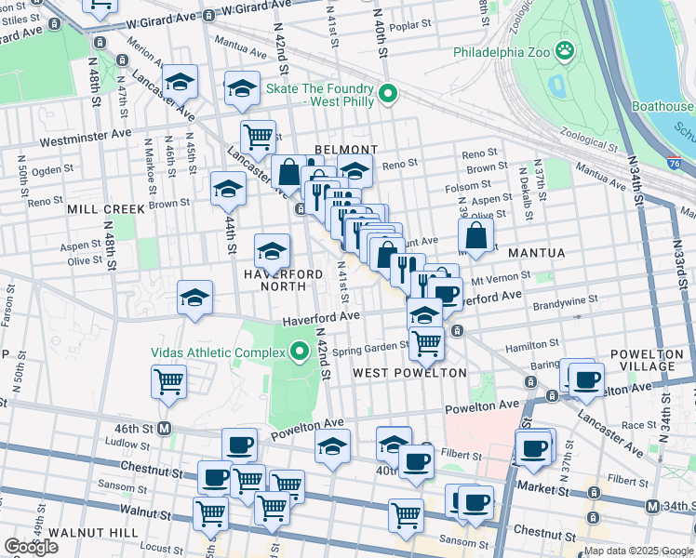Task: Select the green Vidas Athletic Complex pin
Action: tap(300, 352)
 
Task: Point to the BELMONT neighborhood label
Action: tap(345, 150)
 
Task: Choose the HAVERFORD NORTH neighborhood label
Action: tap(283, 282)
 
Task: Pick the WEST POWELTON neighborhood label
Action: tap(409, 373)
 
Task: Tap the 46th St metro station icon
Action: tap(165, 429)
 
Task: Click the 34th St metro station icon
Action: tap(650, 506)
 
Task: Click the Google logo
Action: tap(31, 547)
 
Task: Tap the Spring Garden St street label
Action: tap(371, 347)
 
